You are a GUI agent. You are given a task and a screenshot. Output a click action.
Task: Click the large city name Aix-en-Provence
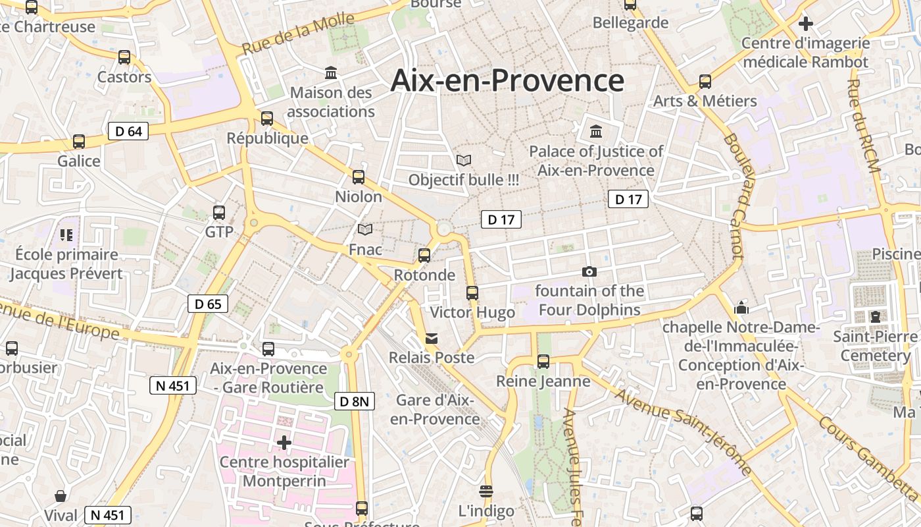tap(507, 80)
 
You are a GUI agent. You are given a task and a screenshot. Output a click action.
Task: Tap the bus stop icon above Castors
tap(124, 57)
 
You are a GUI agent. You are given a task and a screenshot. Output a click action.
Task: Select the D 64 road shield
tap(128, 131)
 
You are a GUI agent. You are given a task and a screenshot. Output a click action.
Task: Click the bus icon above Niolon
tap(359, 177)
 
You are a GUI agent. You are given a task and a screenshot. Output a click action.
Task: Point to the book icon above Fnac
tap(365, 229)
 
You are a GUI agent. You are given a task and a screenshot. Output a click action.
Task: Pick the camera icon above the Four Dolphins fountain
tap(589, 271)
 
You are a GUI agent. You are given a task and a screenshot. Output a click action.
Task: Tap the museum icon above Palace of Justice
tap(596, 131)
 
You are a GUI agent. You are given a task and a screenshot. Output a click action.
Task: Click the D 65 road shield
tap(208, 304)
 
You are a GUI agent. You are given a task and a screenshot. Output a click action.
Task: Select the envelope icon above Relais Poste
tap(432, 338)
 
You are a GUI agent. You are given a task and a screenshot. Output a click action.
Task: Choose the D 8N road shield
tap(354, 401)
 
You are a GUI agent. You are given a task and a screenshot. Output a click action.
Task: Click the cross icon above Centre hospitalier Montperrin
tap(284, 443)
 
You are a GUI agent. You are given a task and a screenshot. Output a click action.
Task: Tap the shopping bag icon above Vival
tap(61, 495)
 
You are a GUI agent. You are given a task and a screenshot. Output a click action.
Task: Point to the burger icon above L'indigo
tap(486, 491)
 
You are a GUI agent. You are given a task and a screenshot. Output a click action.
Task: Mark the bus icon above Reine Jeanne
tap(543, 361)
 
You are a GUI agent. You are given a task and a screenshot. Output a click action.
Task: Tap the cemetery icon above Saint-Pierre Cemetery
tap(876, 317)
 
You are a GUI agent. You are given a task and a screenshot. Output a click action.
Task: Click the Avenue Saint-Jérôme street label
tap(684, 429)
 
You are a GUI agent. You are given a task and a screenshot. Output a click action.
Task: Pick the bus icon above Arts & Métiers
tap(705, 82)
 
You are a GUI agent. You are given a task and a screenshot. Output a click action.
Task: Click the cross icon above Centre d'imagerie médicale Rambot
tap(805, 24)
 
